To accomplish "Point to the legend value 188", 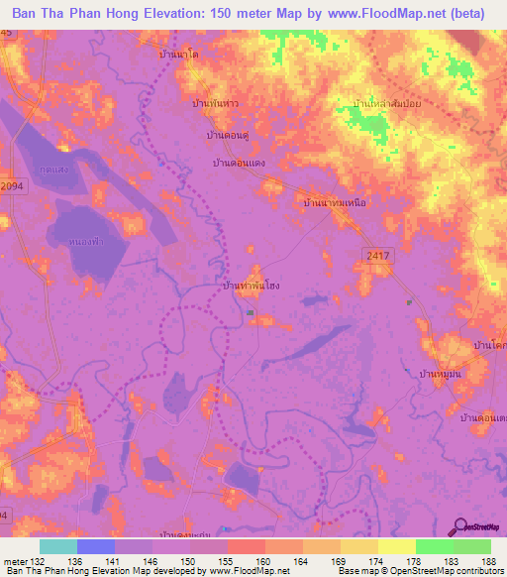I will coord(490,560).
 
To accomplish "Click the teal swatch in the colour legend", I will coord(57,546).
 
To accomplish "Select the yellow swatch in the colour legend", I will coord(396,546).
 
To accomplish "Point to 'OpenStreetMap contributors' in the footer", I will coord(447,571).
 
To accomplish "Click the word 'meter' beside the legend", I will coord(15,560).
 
